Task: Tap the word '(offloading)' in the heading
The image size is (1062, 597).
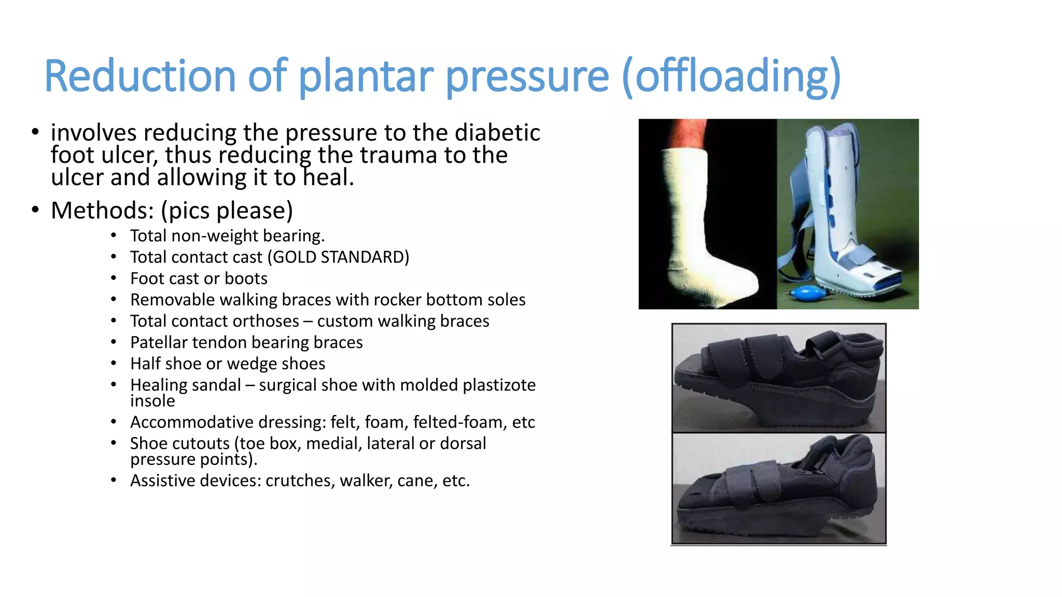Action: (x=731, y=76)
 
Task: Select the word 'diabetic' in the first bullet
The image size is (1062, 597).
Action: (x=497, y=133)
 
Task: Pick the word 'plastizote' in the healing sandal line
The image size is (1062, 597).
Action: (x=499, y=385)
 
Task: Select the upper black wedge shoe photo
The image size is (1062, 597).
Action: (x=778, y=378)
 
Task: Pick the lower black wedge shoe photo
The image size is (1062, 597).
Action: (x=778, y=488)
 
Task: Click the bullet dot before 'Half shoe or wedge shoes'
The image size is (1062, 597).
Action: (x=114, y=364)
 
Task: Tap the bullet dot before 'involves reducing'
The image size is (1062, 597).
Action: (x=35, y=133)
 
